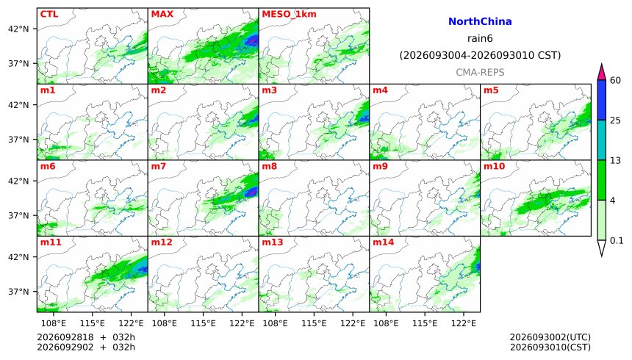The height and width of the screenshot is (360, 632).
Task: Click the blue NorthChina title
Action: click(480, 21)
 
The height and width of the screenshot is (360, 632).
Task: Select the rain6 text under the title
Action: click(480, 38)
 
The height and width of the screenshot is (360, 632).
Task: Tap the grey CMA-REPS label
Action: click(480, 72)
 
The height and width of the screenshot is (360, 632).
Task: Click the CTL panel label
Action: click(49, 14)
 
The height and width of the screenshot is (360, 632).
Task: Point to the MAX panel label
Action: click(162, 14)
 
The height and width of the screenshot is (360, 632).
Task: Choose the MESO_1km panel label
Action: click(289, 15)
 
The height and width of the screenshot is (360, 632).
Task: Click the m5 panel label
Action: click(491, 90)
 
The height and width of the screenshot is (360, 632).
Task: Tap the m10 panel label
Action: click(494, 166)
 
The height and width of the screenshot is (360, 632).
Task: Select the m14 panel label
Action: click(384, 242)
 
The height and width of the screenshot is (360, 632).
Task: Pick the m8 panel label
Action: click(270, 166)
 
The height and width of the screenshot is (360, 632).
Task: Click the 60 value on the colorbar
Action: click(615, 80)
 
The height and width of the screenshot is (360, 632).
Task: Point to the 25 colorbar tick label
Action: click(615, 120)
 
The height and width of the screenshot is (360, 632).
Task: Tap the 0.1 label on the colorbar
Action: click(617, 241)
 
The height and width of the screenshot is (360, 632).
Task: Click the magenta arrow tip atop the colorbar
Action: click(602, 65)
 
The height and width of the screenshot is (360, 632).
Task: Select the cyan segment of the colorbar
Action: click(602, 140)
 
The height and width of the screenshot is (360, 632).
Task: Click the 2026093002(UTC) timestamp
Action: click(550, 337)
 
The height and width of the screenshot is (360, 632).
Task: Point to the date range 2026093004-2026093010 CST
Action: click(480, 55)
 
